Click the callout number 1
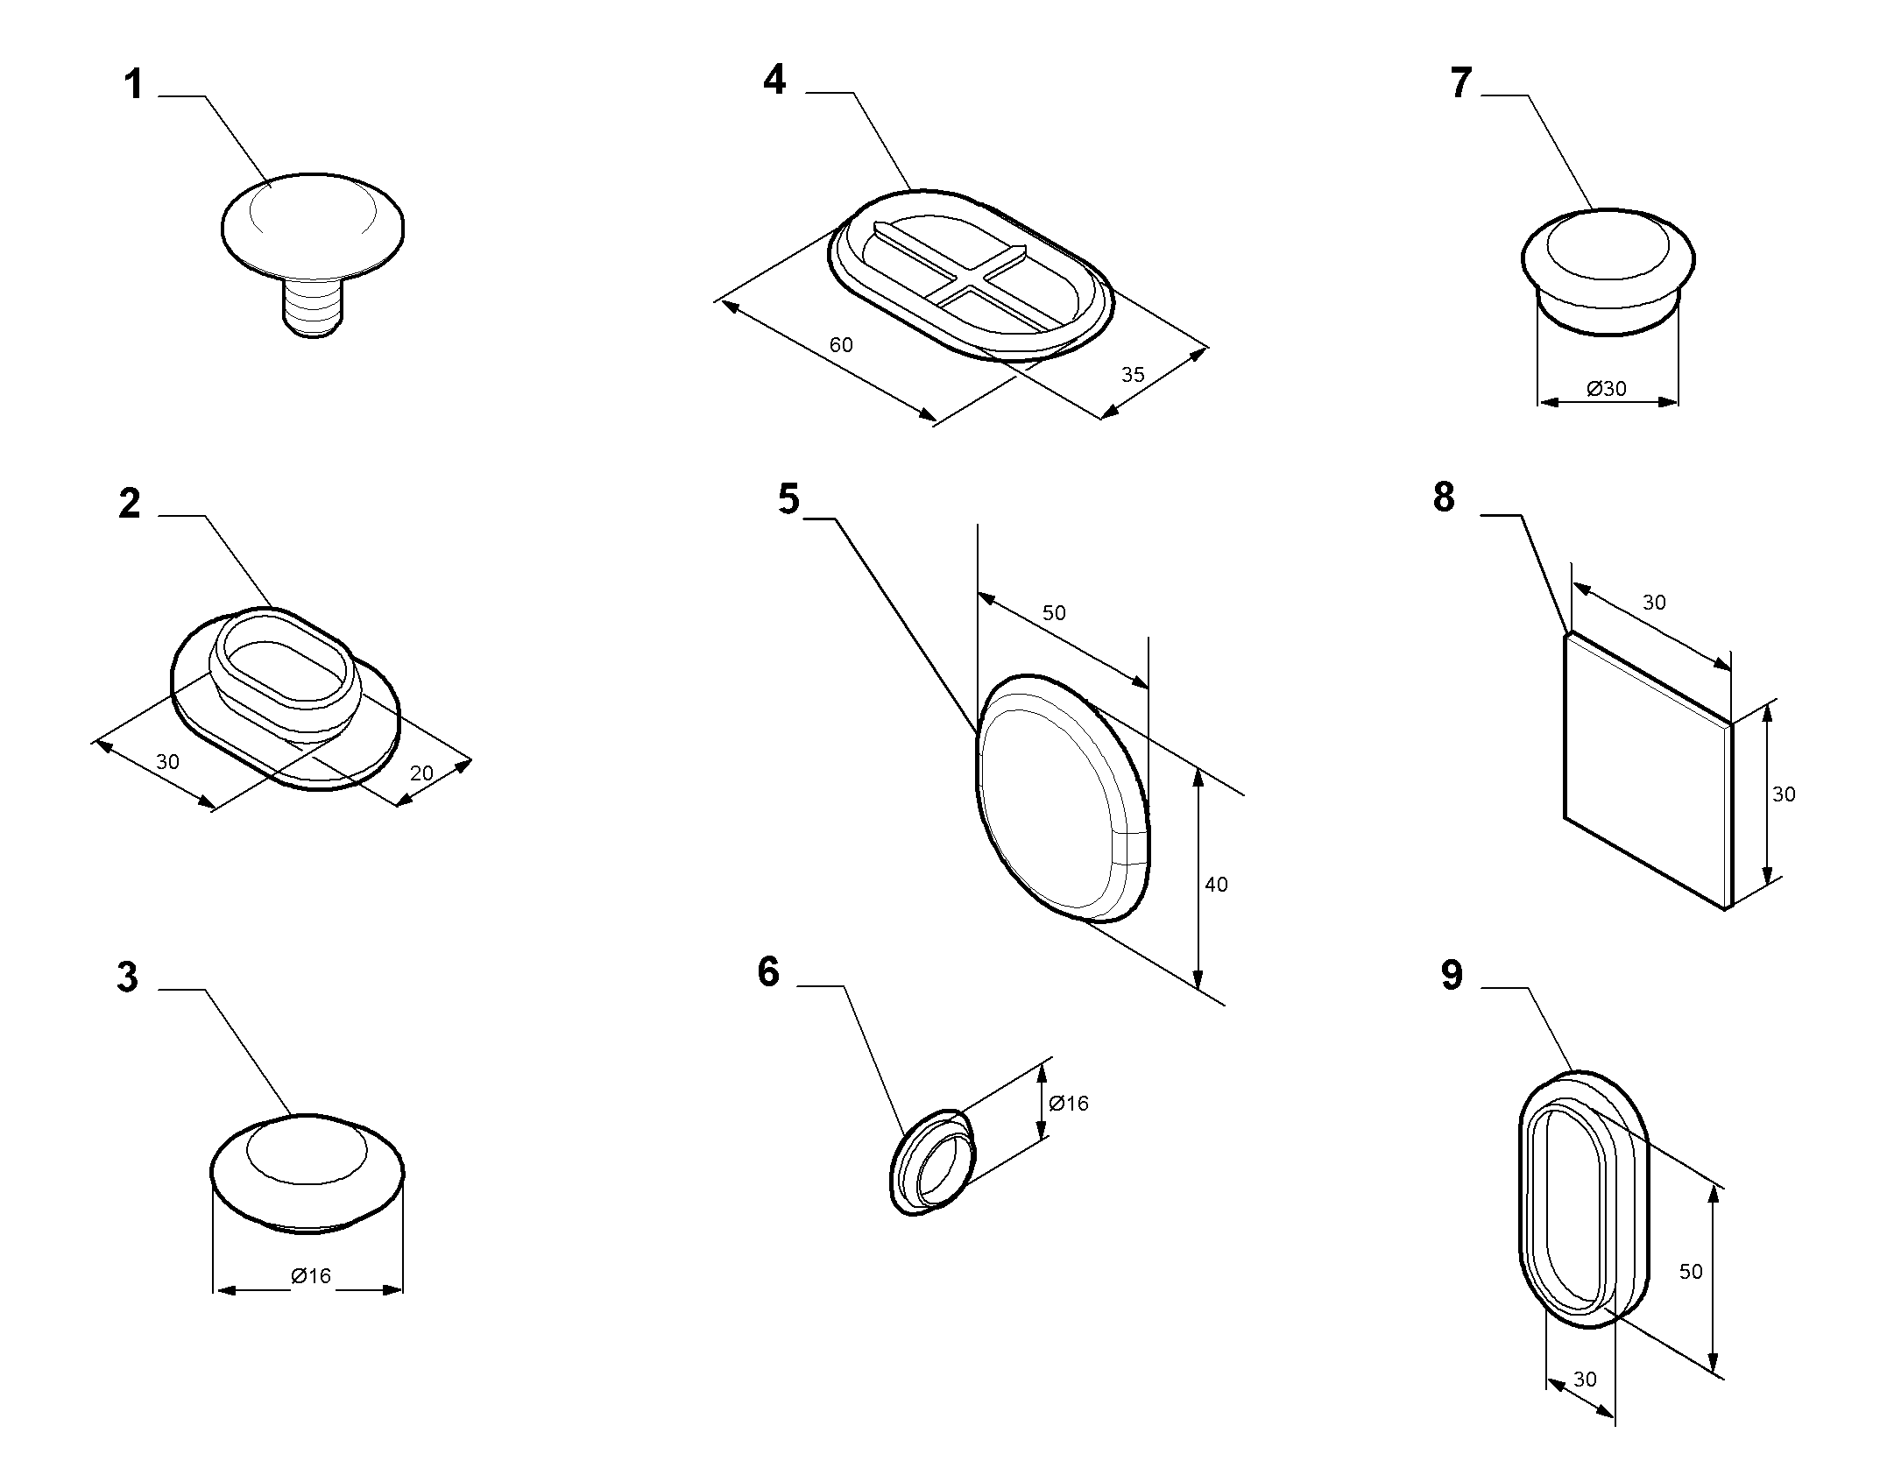tap(133, 86)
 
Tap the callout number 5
tap(788, 499)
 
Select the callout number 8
tap(1444, 498)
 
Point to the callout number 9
tap(1452, 976)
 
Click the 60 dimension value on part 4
tap(841, 345)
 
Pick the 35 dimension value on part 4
tap(1133, 375)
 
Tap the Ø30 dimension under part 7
tap(1607, 388)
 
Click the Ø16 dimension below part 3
tap(311, 1276)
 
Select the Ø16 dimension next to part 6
tap(1068, 1103)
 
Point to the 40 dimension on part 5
tap(1216, 885)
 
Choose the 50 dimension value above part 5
tap(1054, 612)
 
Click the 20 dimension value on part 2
tap(421, 773)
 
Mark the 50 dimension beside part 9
tap(1691, 1271)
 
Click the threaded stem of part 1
tap(313, 307)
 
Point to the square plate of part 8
tap(1647, 771)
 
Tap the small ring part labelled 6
tap(931, 1162)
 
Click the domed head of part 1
tap(313, 226)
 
